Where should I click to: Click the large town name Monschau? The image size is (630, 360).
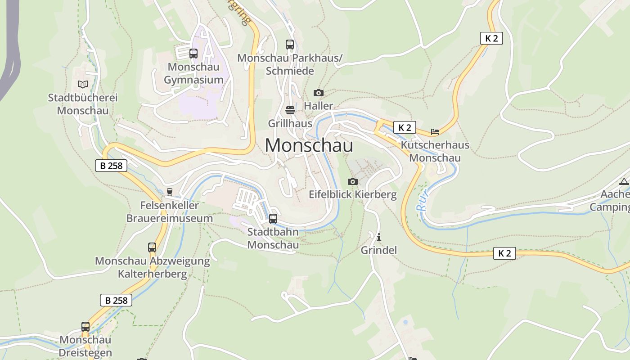point(309,145)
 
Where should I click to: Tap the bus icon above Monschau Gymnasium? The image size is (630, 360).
point(193,54)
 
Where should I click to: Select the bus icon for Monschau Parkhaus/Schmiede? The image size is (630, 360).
point(290,45)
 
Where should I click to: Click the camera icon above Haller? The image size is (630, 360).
point(319,93)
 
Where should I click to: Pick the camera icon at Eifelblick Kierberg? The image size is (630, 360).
point(353,182)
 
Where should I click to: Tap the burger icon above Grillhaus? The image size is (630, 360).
point(290,110)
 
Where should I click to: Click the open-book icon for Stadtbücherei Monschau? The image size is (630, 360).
point(83,84)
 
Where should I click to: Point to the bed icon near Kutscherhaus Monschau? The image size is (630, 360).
point(435,132)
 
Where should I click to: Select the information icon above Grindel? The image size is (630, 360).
point(379,237)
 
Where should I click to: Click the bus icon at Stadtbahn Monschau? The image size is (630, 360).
point(273,219)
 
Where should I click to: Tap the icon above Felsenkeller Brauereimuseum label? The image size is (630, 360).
point(170,192)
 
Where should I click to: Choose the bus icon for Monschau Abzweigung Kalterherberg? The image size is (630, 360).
point(152,247)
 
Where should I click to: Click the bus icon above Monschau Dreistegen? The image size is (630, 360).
point(85,327)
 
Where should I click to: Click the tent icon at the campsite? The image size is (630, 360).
point(624,182)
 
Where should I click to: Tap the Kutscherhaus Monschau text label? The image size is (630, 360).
point(435,152)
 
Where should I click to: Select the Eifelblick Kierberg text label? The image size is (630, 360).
point(353,194)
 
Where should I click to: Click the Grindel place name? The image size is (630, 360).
point(379,250)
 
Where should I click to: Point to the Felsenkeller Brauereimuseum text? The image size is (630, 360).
point(169,212)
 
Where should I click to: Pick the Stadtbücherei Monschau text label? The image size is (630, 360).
point(83,104)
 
